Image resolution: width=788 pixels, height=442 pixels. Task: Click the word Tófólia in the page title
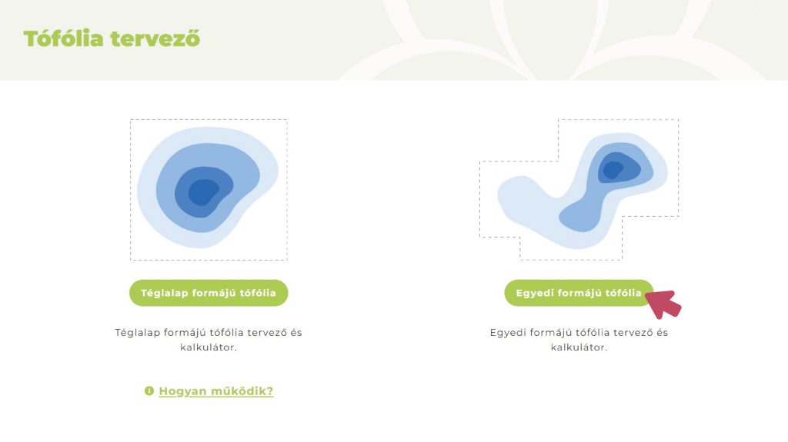point(63,38)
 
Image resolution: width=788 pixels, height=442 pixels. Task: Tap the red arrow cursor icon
point(663,304)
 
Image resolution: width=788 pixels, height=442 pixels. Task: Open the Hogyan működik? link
point(215,390)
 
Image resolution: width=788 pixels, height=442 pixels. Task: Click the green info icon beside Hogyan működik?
point(149,390)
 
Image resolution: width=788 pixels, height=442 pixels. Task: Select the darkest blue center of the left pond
point(203,192)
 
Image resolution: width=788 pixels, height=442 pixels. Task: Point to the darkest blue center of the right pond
point(613,170)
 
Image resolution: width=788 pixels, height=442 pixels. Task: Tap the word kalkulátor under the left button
point(207,347)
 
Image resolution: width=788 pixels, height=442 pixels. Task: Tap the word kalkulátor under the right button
point(578,347)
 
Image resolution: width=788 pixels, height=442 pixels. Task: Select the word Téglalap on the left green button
point(163,293)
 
